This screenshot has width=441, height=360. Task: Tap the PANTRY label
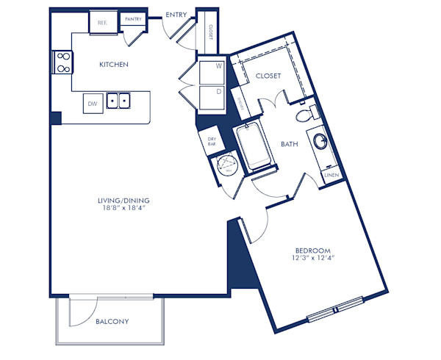click(133, 20)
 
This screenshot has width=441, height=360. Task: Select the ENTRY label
click(176, 14)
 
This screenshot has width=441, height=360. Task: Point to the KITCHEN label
click(114, 65)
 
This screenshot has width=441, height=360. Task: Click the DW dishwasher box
click(93, 104)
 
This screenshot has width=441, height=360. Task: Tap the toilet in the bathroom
click(304, 115)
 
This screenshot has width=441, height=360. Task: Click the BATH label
click(289, 145)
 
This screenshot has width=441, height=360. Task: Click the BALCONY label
click(112, 322)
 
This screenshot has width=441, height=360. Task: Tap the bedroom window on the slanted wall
click(335, 309)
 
